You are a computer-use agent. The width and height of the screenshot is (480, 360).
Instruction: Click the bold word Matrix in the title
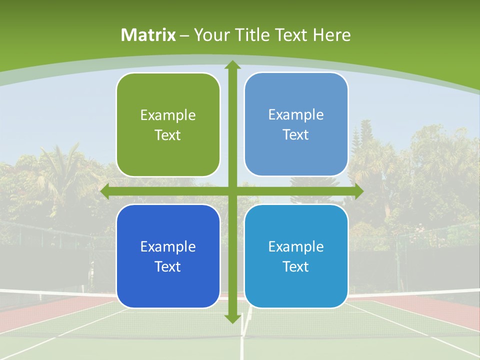[x=148, y=35]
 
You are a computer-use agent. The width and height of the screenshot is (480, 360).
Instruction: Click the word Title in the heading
[x=254, y=35]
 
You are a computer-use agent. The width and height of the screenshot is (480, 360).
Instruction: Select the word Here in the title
[x=332, y=35]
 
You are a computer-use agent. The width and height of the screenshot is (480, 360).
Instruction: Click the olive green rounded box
[x=168, y=125]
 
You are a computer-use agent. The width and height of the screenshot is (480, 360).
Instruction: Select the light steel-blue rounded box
[x=296, y=124]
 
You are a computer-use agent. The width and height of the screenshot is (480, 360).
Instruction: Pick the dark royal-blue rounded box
[x=168, y=256]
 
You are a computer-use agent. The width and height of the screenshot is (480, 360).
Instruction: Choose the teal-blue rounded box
[x=296, y=256]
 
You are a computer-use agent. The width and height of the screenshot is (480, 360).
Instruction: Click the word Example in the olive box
[x=168, y=115]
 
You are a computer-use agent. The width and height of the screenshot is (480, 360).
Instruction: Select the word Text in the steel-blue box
[x=296, y=135]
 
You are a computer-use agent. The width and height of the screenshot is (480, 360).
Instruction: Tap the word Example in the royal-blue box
[x=168, y=247]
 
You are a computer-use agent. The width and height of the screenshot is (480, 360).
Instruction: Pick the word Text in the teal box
[x=296, y=266]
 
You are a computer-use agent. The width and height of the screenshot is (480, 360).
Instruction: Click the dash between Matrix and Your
[x=185, y=35]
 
